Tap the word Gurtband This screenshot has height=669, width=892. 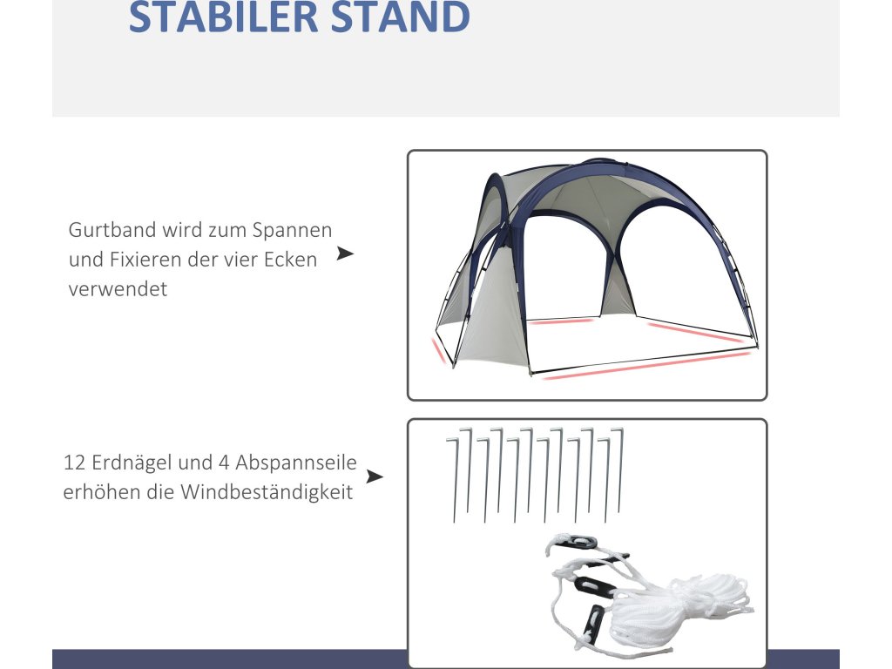pos(112,230)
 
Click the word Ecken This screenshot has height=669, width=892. pos(291,260)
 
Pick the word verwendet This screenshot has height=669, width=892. pos(118,289)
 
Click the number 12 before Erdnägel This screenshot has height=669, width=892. pos(74,463)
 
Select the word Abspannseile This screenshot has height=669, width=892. pos(296,463)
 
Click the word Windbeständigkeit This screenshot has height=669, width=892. pos(267,493)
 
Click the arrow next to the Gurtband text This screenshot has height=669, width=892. pos(345,253)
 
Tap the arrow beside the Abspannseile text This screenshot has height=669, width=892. pos(375,476)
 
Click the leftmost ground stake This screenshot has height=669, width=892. pos(453,480)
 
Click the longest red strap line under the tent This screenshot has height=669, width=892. pos(646,366)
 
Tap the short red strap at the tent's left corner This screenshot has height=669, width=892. pos(438,350)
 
